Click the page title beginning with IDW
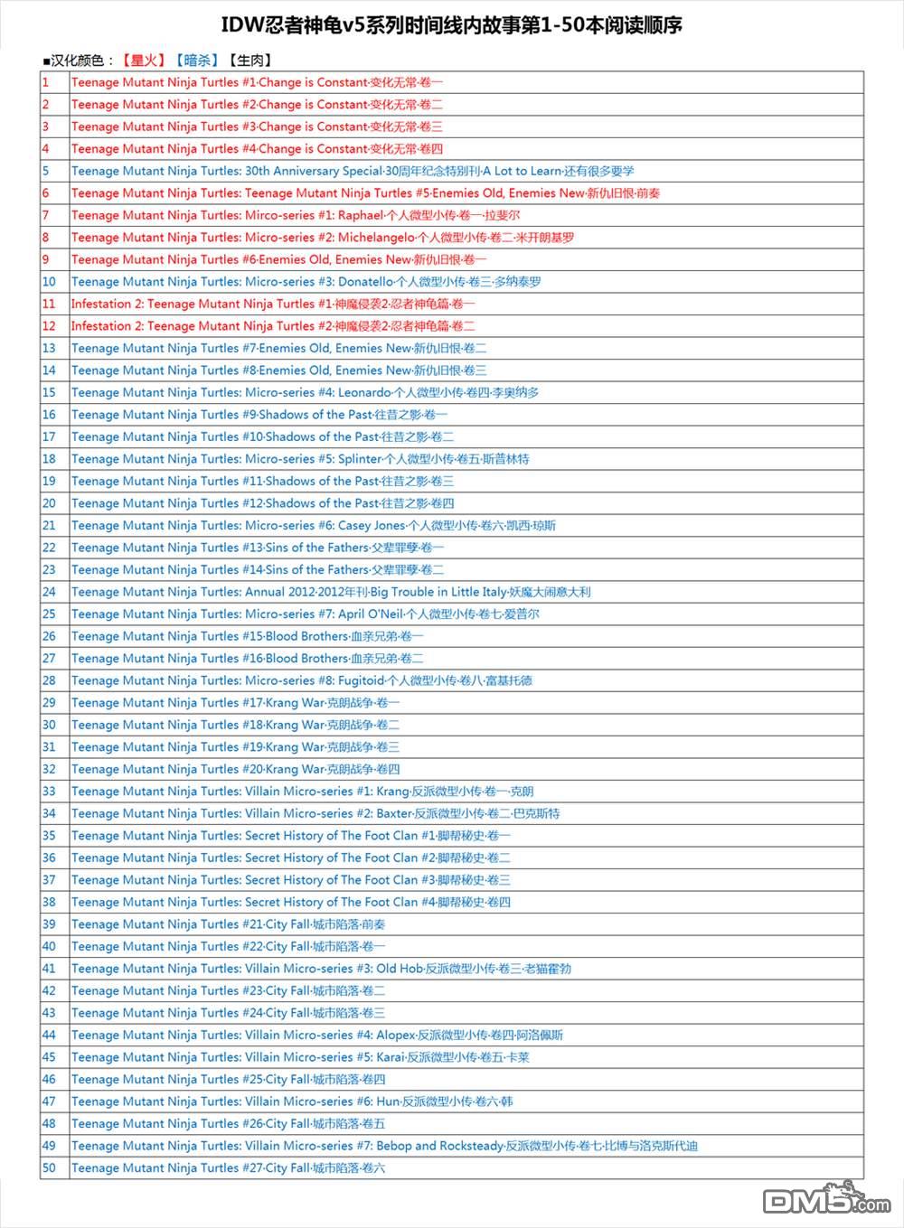(452, 25)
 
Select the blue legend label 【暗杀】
(196, 61)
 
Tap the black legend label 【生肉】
(250, 61)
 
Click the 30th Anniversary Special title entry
(353, 171)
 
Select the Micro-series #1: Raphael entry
(296, 215)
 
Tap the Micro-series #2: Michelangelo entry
(323, 237)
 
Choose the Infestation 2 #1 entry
(273, 304)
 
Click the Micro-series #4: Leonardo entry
(305, 392)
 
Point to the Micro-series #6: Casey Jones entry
(314, 525)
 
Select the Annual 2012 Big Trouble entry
(331, 592)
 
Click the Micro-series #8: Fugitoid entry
(302, 680)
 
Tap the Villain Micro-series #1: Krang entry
(303, 791)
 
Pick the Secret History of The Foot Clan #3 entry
(291, 879)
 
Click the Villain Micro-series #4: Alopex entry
(317, 1035)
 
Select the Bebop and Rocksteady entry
(385, 1145)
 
